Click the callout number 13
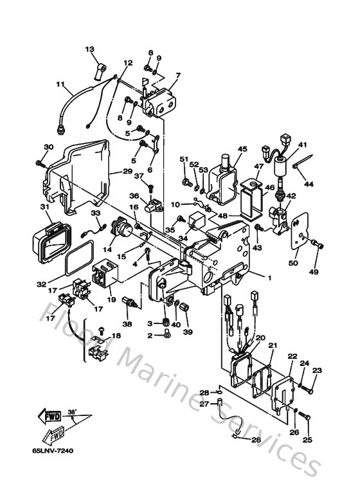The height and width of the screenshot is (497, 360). (89, 50)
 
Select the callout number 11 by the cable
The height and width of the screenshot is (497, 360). (60, 84)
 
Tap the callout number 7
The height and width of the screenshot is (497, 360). (177, 75)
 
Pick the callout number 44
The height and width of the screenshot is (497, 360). (309, 185)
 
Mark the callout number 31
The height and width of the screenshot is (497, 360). (45, 207)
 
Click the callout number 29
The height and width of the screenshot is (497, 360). (127, 172)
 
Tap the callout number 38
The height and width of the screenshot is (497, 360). (127, 325)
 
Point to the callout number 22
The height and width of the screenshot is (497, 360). (292, 356)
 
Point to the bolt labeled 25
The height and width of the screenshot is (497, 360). (306, 419)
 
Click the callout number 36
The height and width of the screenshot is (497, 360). (134, 196)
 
